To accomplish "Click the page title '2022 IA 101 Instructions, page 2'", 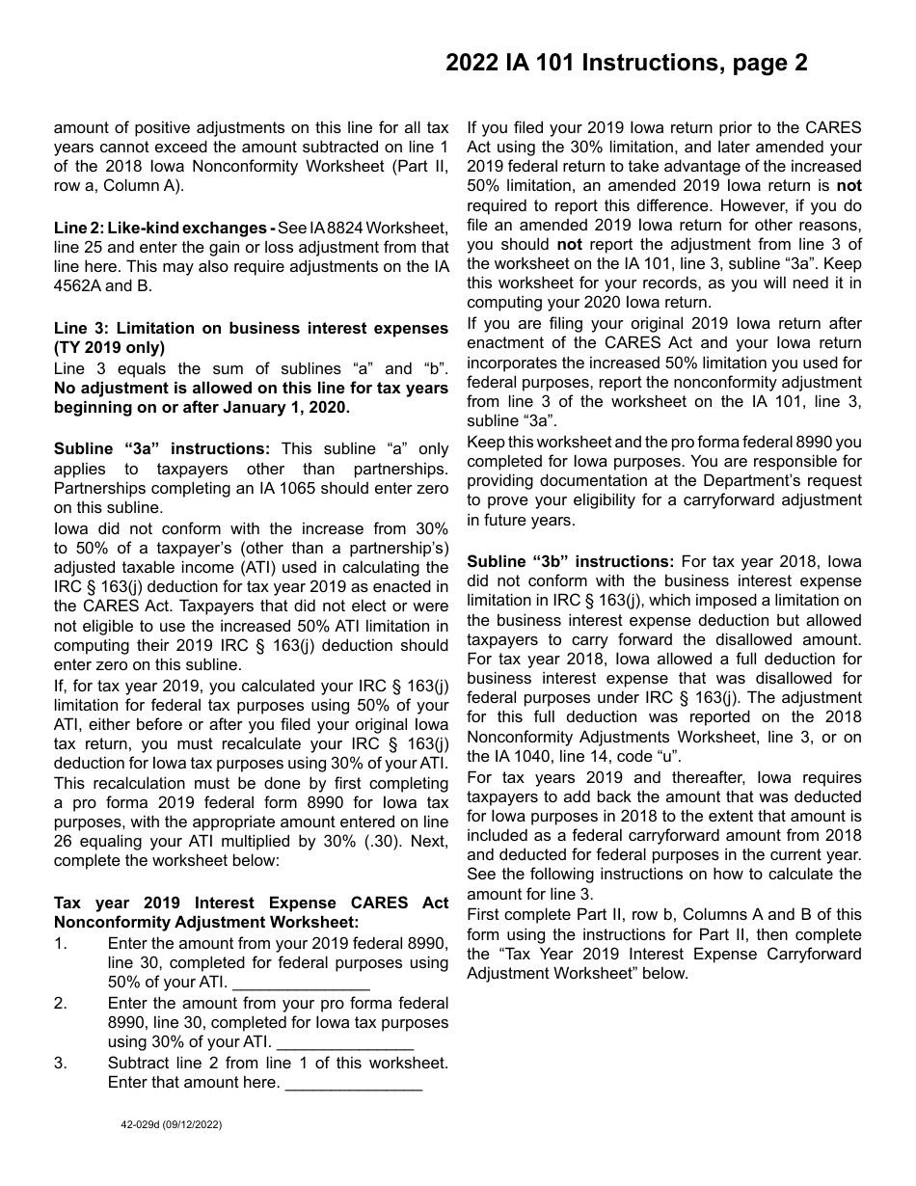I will (x=626, y=64).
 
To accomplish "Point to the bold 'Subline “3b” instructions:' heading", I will (x=570, y=561).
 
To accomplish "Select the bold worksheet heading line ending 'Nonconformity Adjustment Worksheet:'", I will (x=205, y=922).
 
